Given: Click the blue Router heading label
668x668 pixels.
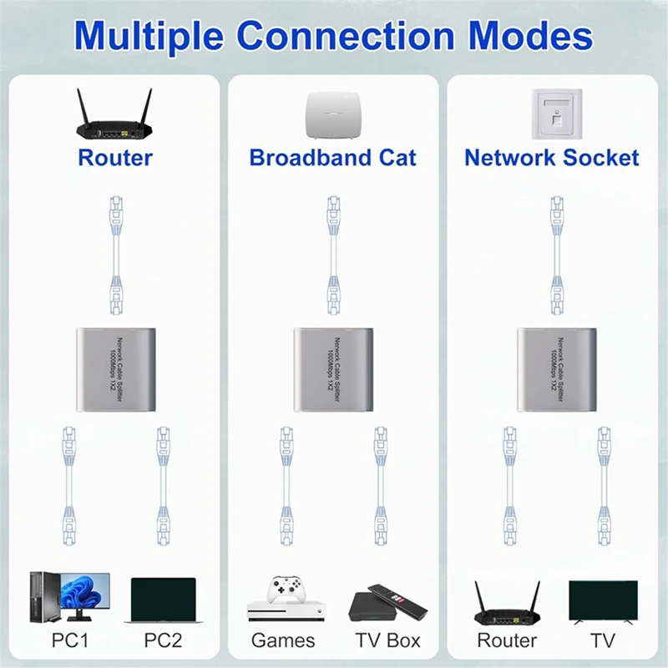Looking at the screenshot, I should pyautogui.click(x=115, y=157).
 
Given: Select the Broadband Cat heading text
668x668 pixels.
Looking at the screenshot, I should pyautogui.click(x=332, y=157).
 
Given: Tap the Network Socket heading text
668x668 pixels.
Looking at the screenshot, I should pyautogui.click(x=551, y=157).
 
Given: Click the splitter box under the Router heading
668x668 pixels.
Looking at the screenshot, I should pyautogui.click(x=115, y=368).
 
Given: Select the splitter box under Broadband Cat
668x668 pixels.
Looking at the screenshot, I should pyautogui.click(x=333, y=368).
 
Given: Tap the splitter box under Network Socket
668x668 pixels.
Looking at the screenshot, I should pyautogui.click(x=557, y=368).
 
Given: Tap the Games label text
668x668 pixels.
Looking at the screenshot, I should pyautogui.click(x=283, y=641).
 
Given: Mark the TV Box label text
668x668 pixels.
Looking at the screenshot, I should pyautogui.click(x=388, y=641).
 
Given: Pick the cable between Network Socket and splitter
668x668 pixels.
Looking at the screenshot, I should pyautogui.click(x=557, y=255).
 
